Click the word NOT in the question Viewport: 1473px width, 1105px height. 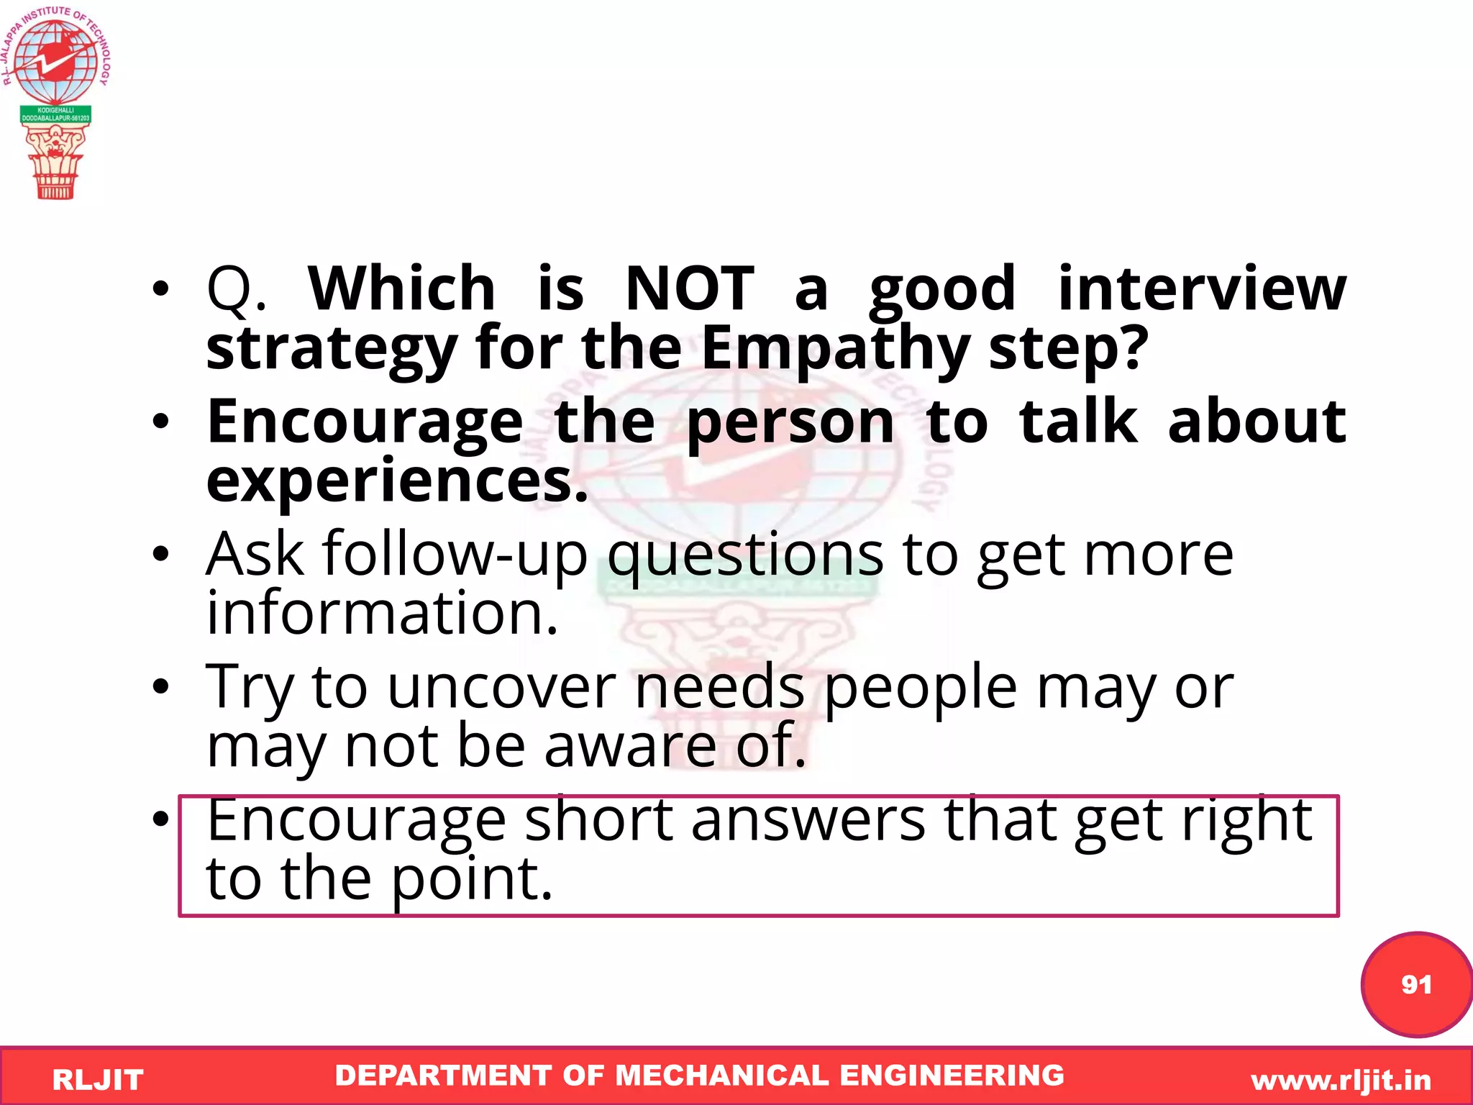689,289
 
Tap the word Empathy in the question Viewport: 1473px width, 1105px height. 835,348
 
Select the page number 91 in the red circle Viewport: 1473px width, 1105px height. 1415,984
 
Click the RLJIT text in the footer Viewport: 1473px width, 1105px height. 98,1080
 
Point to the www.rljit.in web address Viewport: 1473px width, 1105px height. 1341,1080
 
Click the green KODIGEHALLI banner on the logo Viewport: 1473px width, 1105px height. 55,114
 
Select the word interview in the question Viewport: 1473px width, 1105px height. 1201,289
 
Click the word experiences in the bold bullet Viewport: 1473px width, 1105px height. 396,481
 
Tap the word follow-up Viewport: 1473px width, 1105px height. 455,554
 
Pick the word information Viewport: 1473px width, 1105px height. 381,613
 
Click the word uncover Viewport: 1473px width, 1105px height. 501,687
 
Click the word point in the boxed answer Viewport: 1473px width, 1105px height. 471,879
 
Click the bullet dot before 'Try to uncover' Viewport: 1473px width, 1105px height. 160,687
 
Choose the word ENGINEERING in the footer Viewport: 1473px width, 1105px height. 952,1076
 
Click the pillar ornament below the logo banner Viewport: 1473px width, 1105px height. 55,162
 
